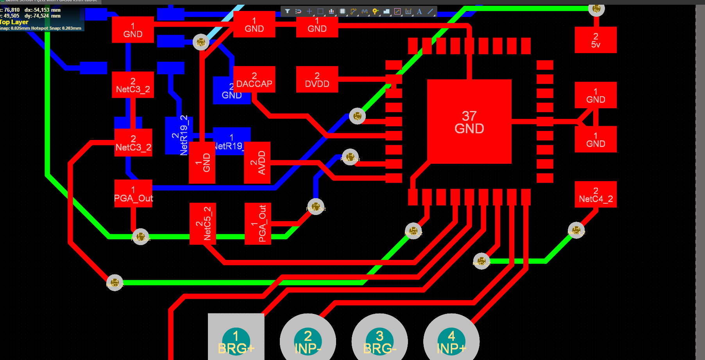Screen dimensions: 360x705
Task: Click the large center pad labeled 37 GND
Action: pyautogui.click(x=469, y=122)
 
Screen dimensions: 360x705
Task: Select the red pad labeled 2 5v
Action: pyautogui.click(x=596, y=40)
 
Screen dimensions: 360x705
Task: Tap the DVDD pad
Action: pyautogui.click(x=317, y=79)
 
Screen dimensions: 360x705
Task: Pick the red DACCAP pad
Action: pyautogui.click(x=254, y=79)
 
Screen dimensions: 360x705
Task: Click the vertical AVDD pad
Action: pyautogui.click(x=257, y=163)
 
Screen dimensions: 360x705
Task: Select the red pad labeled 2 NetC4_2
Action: pyautogui.click(x=596, y=195)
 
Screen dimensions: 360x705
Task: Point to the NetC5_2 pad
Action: pyautogui.click(x=203, y=224)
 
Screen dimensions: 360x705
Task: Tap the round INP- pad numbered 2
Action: pyautogui.click(x=308, y=340)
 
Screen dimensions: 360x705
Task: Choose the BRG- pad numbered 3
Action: pyautogui.click(x=379, y=340)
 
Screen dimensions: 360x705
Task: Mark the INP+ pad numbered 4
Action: pyautogui.click(x=451, y=340)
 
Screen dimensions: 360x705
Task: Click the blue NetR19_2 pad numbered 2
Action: pyautogui.click(x=179, y=135)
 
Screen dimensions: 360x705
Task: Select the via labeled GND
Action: pyautogui.click(x=201, y=42)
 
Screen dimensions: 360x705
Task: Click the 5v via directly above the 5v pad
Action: pyautogui.click(x=596, y=8)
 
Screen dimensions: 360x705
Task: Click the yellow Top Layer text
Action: pyautogui.click(x=14, y=22)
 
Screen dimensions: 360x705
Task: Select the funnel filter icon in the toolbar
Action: pyautogui.click(x=287, y=11)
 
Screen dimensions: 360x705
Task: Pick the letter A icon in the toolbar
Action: pyautogui.click(x=419, y=11)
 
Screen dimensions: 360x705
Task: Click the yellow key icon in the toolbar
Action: pyautogui.click(x=375, y=11)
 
